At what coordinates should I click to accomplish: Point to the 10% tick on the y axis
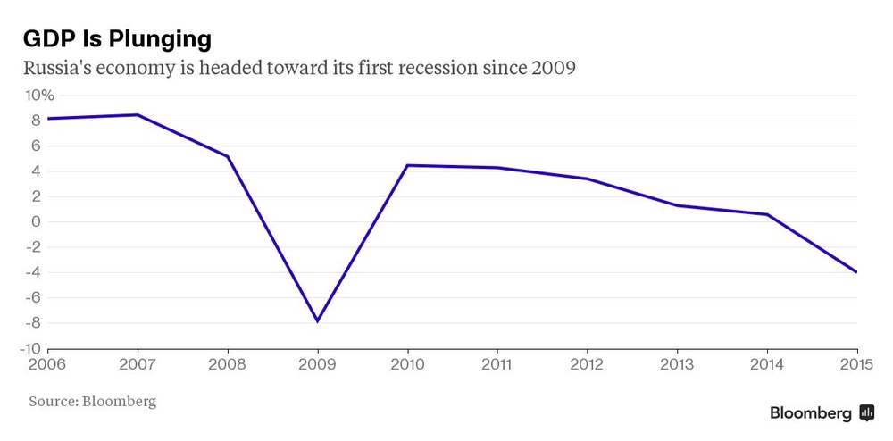click(x=39, y=96)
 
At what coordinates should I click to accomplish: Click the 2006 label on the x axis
click(x=48, y=364)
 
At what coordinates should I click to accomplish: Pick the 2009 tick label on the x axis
click(x=317, y=364)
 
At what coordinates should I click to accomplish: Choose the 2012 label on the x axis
click(x=587, y=364)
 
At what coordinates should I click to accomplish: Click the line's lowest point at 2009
click(x=317, y=320)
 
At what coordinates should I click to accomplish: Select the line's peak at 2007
click(x=138, y=114)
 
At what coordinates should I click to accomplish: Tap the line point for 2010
click(x=407, y=165)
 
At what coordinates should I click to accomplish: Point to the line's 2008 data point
click(x=228, y=156)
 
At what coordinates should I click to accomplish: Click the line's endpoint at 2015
click(x=856, y=272)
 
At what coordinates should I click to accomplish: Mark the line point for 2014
click(x=766, y=214)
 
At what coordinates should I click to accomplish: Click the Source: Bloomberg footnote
click(x=92, y=402)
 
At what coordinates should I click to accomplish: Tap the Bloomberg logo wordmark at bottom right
click(x=811, y=413)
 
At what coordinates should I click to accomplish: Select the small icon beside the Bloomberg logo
click(x=866, y=413)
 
